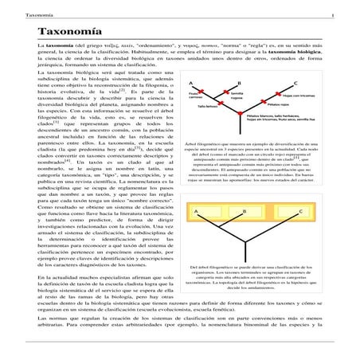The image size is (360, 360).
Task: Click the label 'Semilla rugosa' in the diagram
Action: [237, 95]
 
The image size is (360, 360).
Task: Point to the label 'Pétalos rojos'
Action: [278, 105]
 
